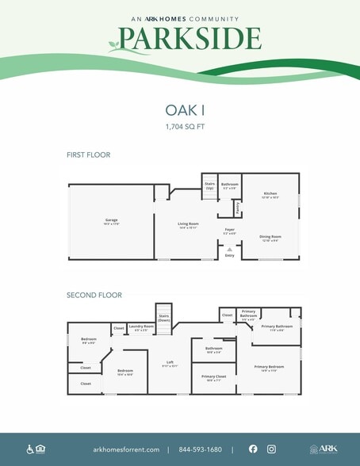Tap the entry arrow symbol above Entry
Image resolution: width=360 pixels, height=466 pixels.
[x=229, y=249]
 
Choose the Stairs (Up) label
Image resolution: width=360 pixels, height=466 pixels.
[x=210, y=187]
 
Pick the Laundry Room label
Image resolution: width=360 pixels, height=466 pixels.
[x=141, y=327]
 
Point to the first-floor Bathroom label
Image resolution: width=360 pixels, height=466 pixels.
[x=230, y=187]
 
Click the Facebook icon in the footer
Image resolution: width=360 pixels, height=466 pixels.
[x=253, y=449]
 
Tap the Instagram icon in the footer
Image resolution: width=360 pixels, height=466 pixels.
[x=271, y=449]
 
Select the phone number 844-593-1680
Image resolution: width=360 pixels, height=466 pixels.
[x=201, y=449]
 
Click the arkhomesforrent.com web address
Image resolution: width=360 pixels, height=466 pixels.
[x=126, y=449]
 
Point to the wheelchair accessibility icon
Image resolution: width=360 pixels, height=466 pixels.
[x=30, y=449]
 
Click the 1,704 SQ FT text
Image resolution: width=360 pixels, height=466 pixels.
[x=180, y=126]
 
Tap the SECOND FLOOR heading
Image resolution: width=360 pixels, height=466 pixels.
[x=94, y=295]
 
